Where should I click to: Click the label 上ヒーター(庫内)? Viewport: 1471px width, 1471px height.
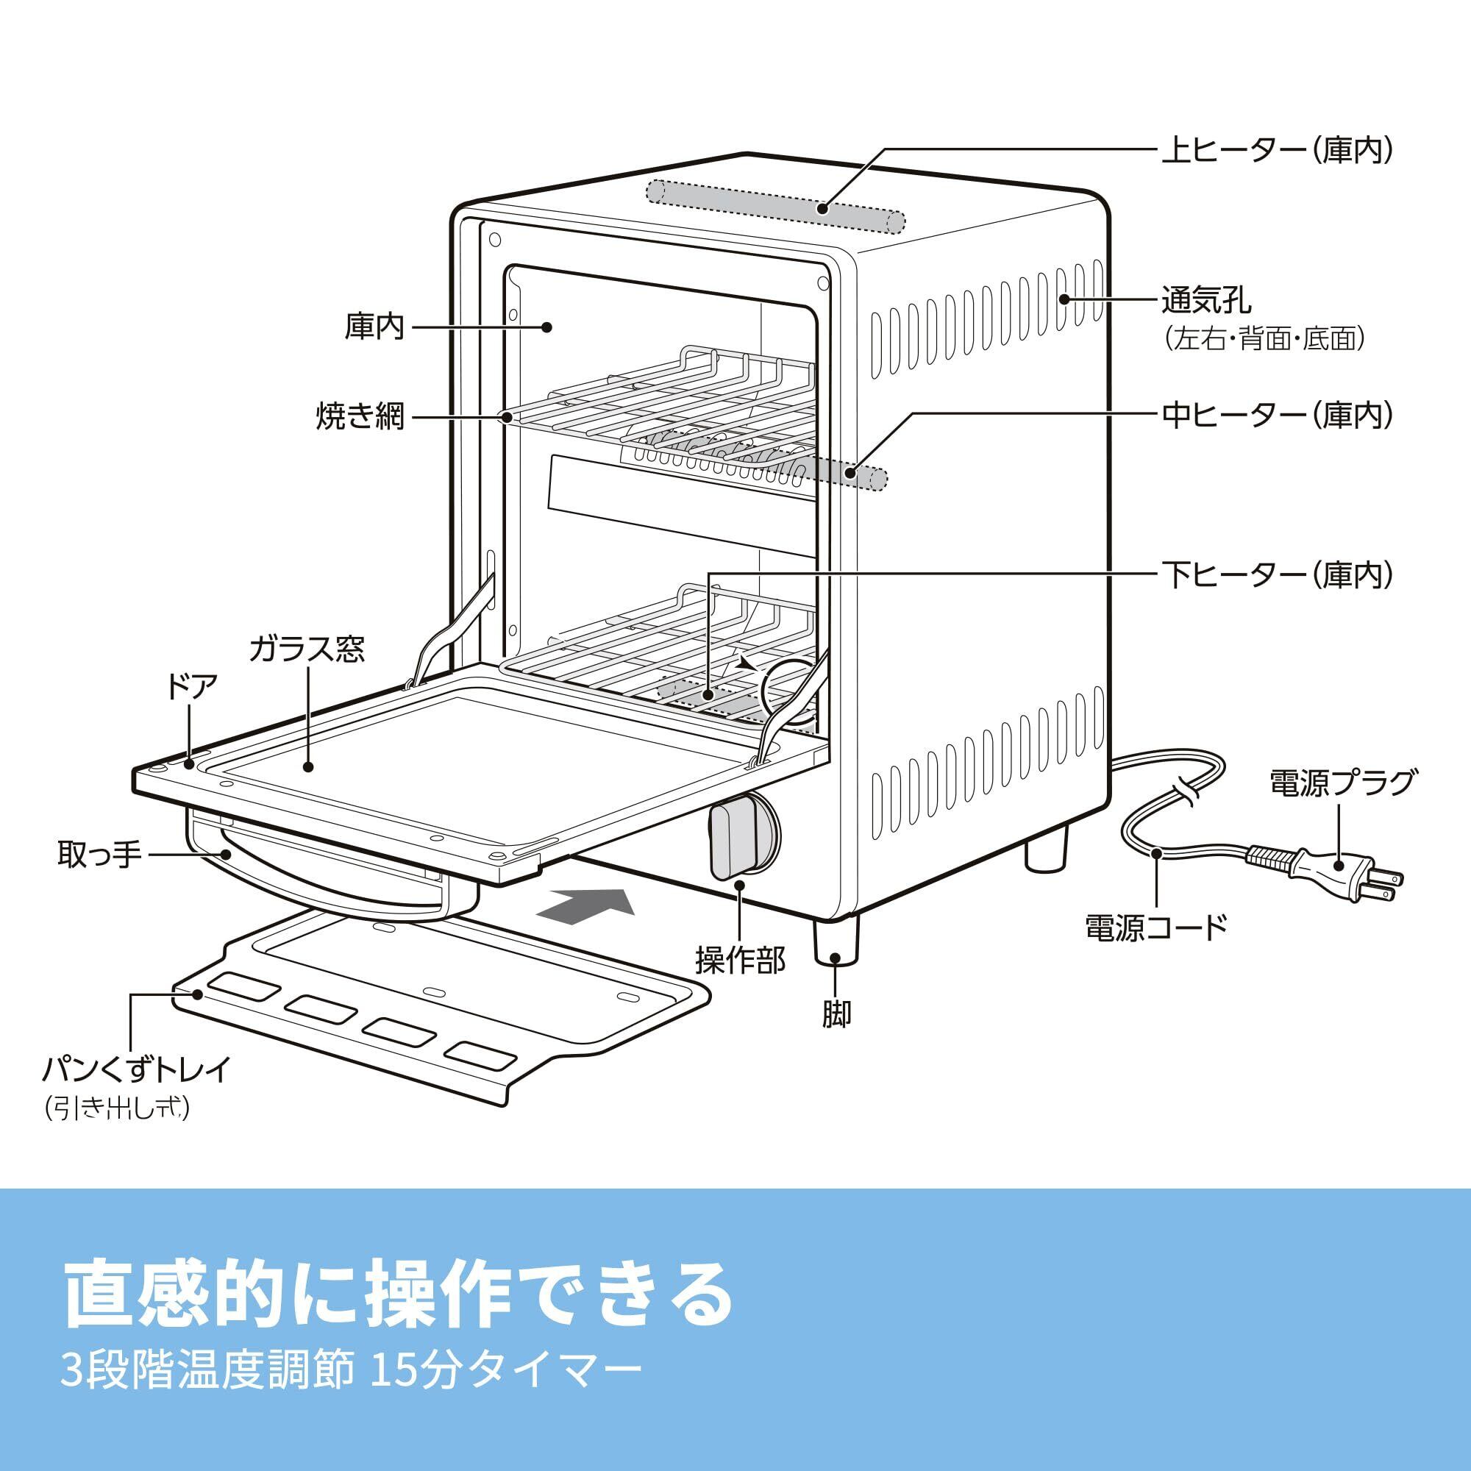(x=1276, y=151)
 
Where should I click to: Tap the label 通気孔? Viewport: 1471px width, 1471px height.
(x=1206, y=301)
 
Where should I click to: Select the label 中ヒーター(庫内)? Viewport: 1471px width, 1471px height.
(x=1276, y=415)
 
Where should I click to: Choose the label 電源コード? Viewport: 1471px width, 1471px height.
(x=1155, y=927)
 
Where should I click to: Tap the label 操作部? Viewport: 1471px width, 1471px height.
(x=739, y=961)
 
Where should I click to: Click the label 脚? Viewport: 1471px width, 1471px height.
(x=836, y=1014)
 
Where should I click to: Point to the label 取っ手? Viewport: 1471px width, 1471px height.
(x=100, y=854)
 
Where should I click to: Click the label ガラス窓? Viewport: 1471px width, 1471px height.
(x=307, y=649)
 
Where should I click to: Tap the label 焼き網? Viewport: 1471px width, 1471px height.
(x=361, y=416)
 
